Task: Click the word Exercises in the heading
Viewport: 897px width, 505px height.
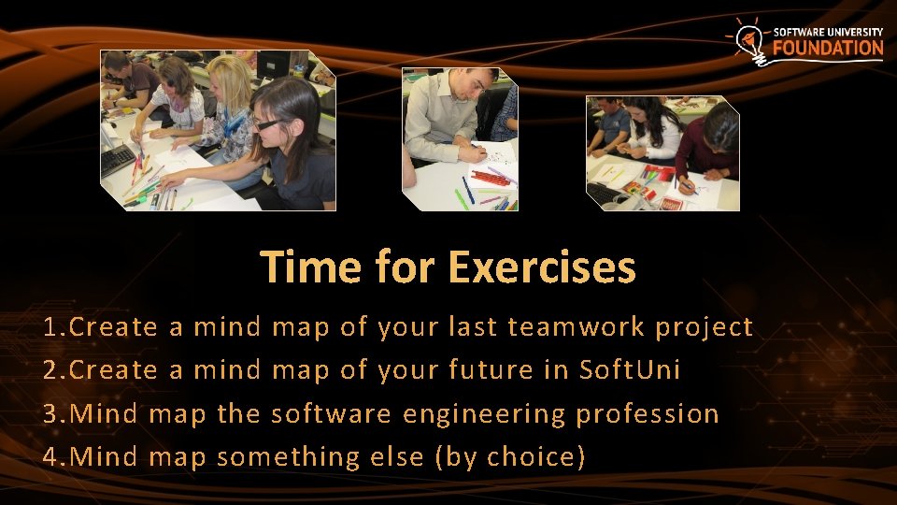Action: pos(542,267)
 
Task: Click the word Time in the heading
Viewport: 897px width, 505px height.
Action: pos(312,267)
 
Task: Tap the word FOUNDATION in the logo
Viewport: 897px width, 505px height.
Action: pos(828,48)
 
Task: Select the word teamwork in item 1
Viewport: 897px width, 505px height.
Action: pos(577,327)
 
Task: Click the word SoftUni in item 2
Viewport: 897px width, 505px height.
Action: pos(630,370)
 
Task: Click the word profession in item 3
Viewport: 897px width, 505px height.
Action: pos(648,414)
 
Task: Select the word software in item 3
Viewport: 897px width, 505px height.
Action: pos(331,414)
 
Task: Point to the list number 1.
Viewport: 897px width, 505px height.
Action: pos(51,327)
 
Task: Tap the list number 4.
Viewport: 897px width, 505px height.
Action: pos(51,457)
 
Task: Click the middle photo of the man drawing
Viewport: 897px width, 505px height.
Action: pos(459,138)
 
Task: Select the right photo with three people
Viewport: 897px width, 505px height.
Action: pos(662,152)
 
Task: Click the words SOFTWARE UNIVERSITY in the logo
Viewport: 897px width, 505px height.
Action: pos(828,32)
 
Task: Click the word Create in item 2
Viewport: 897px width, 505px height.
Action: pos(113,370)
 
